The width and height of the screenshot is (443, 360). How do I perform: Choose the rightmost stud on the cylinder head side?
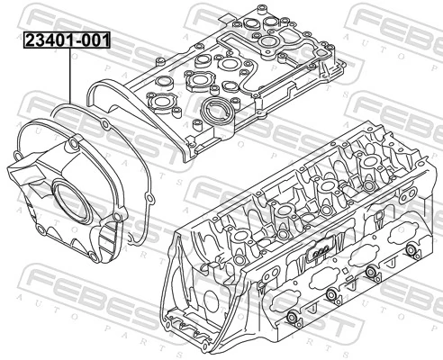411,252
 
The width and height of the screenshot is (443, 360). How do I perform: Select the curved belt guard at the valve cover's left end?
117,90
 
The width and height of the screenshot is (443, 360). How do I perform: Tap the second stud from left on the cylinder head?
332,297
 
